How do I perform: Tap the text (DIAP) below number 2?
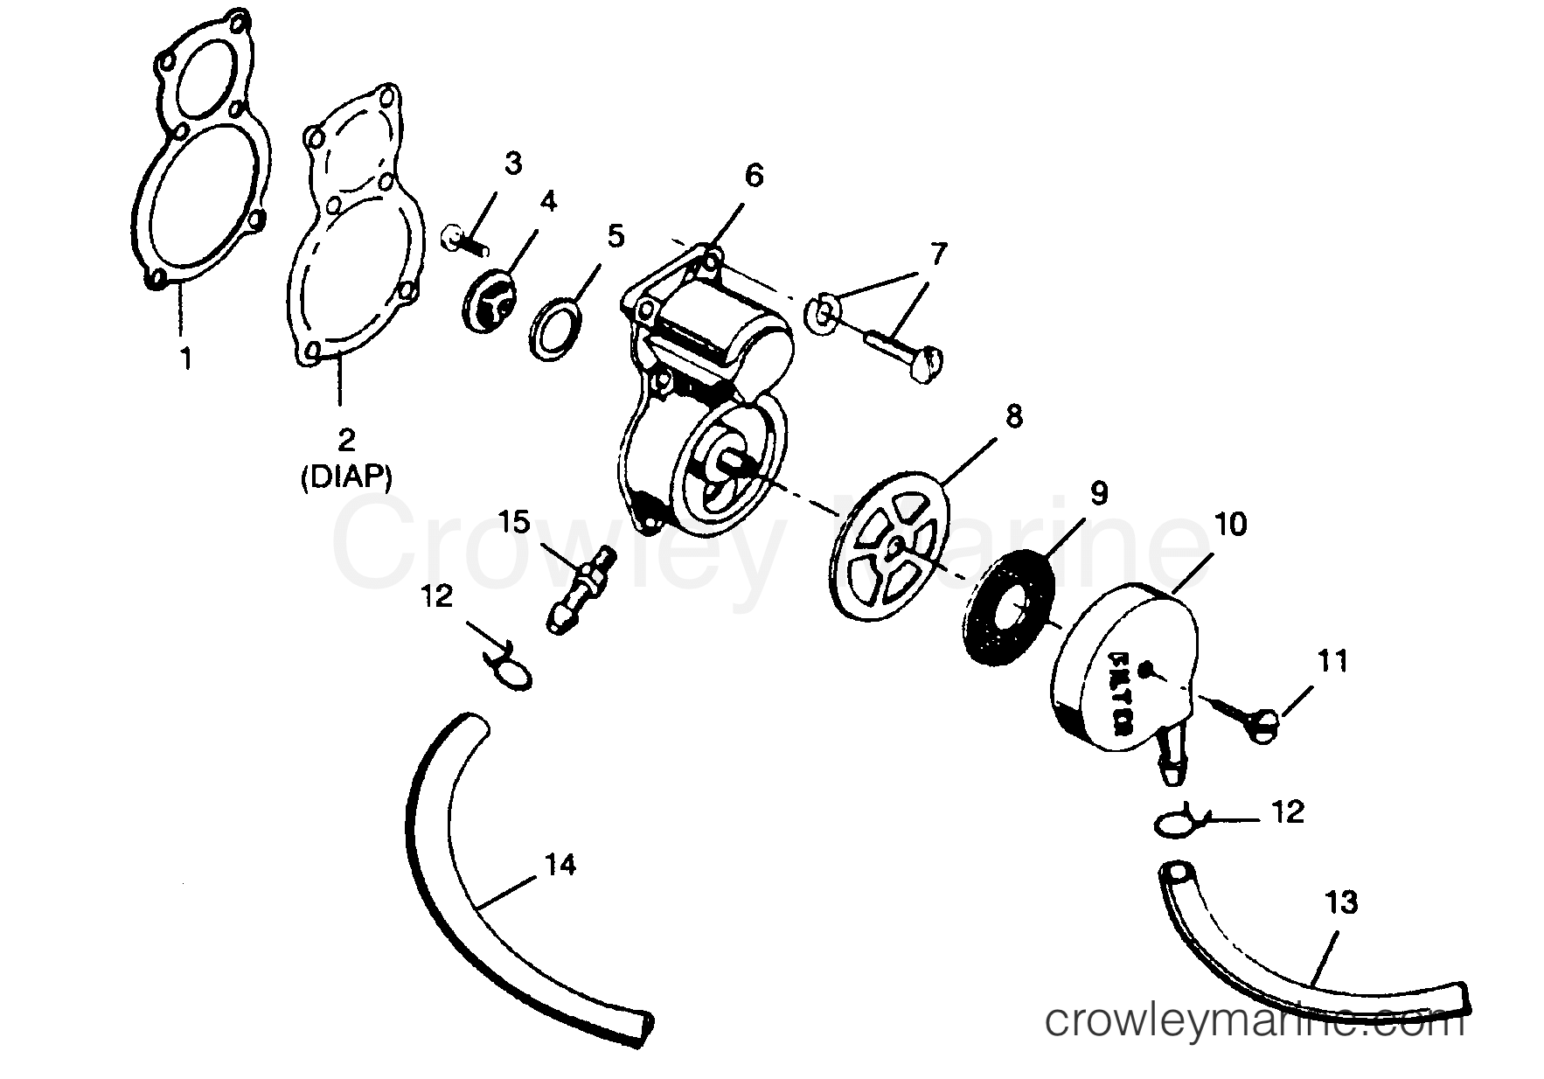point(346,477)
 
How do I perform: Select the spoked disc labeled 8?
point(889,547)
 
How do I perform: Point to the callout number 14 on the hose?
point(560,865)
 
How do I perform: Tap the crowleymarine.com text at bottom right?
point(1255,1020)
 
